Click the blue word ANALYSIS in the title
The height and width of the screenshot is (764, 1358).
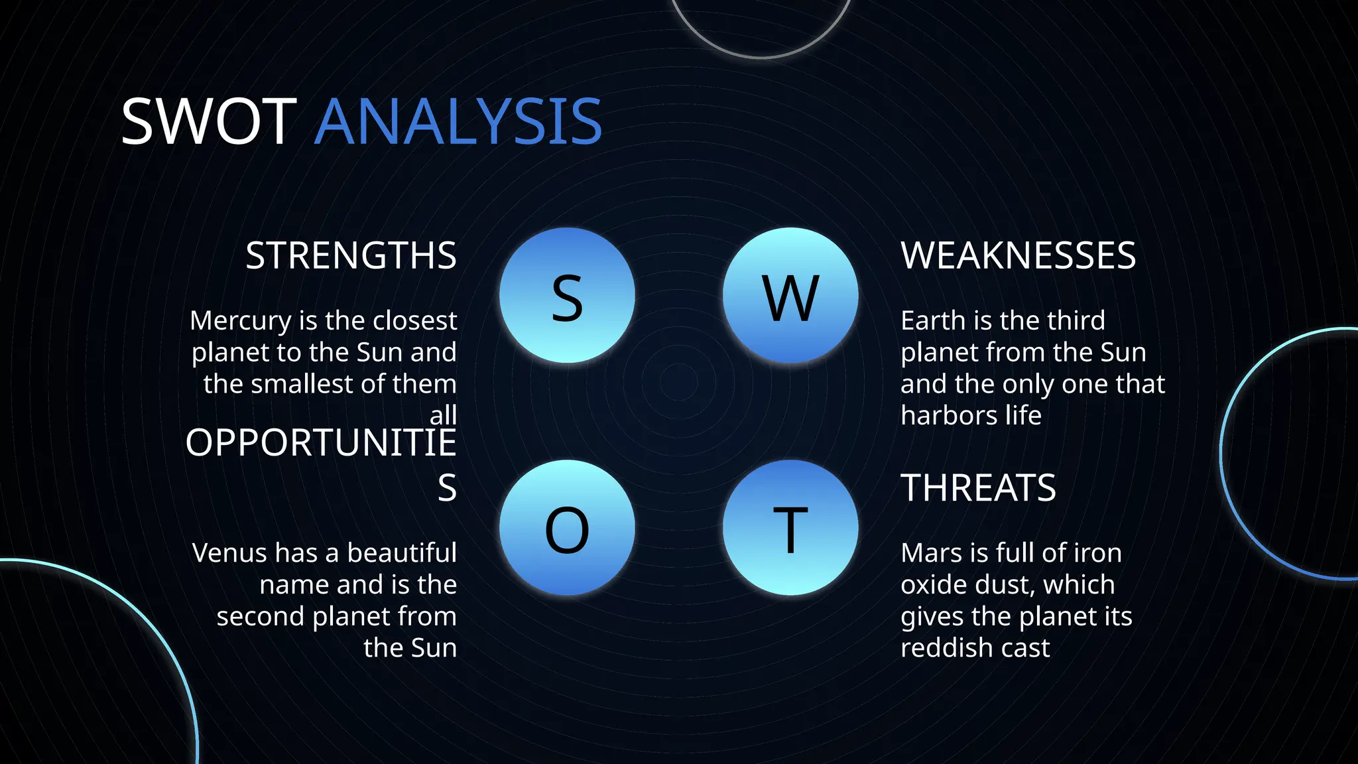pos(458,122)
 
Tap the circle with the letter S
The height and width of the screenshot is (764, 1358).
pos(567,296)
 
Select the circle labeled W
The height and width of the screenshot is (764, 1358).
pos(790,296)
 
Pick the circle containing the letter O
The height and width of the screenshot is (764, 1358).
pos(567,528)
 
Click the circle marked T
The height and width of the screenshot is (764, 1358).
pos(790,528)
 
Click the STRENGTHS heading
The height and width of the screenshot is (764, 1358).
pos(351,255)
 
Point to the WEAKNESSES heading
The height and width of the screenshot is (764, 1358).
pos(1018,255)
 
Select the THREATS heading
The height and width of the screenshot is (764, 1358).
pos(978,488)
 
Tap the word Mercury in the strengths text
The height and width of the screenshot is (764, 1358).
pos(240,321)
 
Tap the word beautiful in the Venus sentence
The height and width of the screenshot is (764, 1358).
pos(402,553)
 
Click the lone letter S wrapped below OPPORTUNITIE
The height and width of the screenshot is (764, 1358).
pos(447,488)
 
